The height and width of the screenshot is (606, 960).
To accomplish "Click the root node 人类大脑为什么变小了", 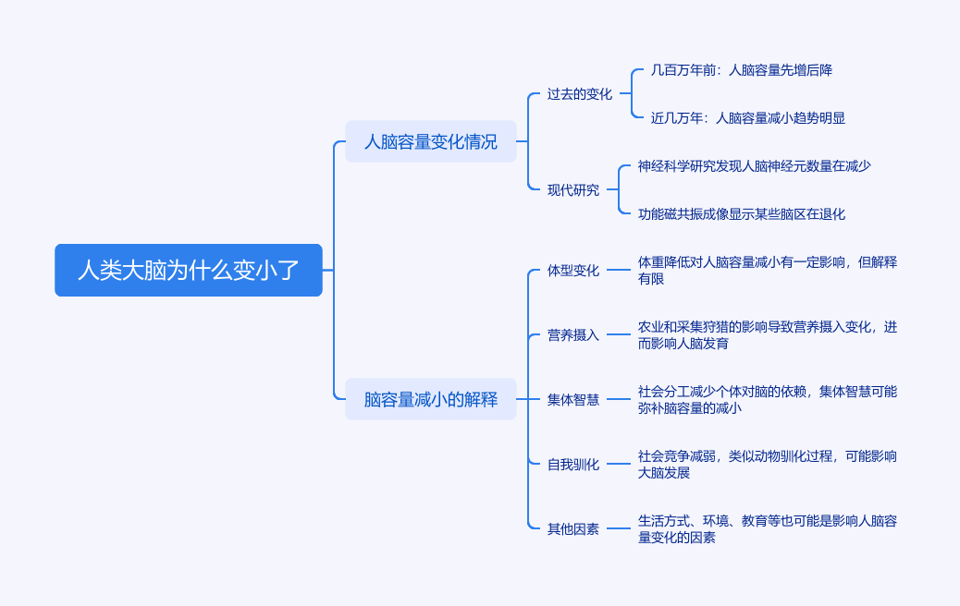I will (189, 270).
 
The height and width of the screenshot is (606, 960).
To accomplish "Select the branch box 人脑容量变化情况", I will (430, 141).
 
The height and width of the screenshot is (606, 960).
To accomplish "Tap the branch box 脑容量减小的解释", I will (430, 399).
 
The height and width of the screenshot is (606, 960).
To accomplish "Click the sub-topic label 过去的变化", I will (579, 93).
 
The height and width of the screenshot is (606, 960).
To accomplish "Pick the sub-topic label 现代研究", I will (572, 189).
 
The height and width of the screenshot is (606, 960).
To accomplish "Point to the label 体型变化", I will (572, 270).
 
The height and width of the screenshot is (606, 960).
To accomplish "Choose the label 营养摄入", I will (572, 334).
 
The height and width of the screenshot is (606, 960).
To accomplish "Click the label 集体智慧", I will (572, 399).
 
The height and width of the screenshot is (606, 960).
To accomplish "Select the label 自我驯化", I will (572, 464).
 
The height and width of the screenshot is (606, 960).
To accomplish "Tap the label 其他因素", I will (572, 528).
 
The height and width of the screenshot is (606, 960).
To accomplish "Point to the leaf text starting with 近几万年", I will (747, 117).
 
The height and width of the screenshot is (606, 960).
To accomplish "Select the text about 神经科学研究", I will (754, 165).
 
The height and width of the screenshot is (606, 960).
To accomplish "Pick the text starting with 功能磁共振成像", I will (741, 213).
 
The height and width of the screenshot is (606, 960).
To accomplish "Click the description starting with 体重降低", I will (767, 270).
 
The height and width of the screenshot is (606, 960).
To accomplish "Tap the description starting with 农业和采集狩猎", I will (767, 334).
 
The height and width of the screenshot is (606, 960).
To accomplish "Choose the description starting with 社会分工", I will (767, 399).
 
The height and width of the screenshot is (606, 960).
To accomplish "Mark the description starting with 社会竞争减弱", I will (767, 464).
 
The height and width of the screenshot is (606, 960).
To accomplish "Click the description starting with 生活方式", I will (767, 528).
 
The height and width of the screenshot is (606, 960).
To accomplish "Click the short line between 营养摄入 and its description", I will (618, 334).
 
